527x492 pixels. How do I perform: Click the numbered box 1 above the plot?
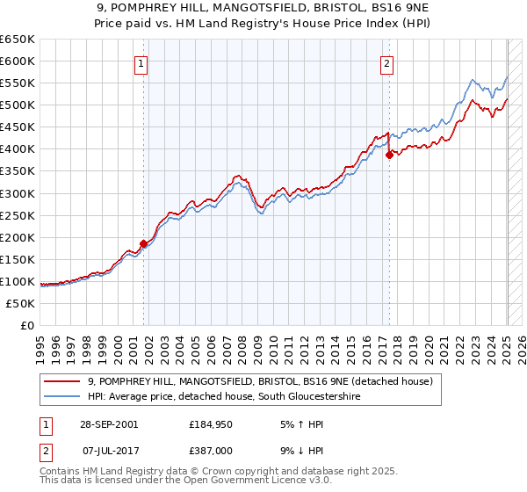[x=141, y=62]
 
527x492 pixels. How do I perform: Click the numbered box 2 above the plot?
[x=386, y=62]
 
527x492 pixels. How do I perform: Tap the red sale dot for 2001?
[x=143, y=243]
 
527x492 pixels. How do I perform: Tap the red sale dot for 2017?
[x=388, y=155]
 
